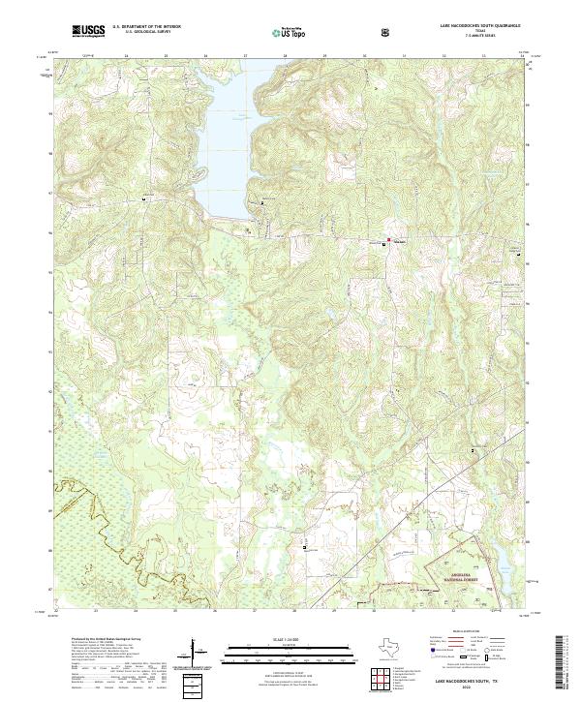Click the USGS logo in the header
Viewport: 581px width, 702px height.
tap(88, 32)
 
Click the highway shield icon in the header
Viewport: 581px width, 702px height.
tap(386, 33)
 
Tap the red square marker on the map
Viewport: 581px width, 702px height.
tap(390, 240)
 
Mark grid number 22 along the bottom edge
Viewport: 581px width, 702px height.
tap(56, 612)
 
